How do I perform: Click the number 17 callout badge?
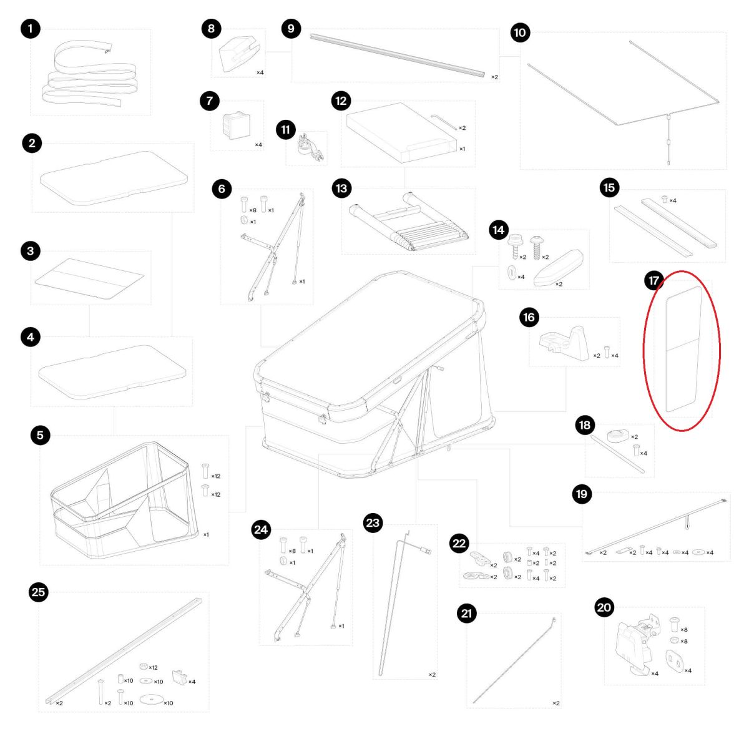pyautogui.click(x=654, y=281)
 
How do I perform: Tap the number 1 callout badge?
pyautogui.click(x=31, y=28)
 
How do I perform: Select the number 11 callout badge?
pyautogui.click(x=286, y=129)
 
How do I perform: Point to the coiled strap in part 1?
pyautogui.click(x=89, y=76)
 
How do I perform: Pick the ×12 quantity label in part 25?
pyautogui.click(x=153, y=667)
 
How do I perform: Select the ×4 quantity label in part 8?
pyautogui.click(x=260, y=72)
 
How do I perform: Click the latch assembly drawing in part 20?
pyautogui.click(x=635, y=647)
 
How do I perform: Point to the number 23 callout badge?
pyautogui.click(x=373, y=523)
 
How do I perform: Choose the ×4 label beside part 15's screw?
pyautogui.click(x=673, y=200)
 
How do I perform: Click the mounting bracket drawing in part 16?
pyautogui.click(x=564, y=343)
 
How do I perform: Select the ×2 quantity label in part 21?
pyautogui.click(x=556, y=703)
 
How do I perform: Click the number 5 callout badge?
pyautogui.click(x=40, y=435)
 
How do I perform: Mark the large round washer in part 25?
pyautogui.click(x=151, y=699)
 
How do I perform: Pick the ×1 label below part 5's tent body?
pyautogui.click(x=206, y=534)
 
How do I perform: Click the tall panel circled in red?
pyautogui.click(x=683, y=349)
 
